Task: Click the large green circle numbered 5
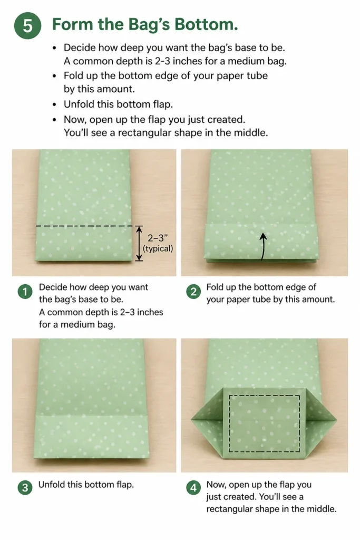coord(27,25)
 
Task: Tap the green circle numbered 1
coord(25,292)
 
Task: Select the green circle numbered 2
coord(193,292)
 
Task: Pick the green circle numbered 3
coord(25,488)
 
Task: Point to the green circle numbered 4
coord(193,488)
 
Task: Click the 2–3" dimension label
coord(157,238)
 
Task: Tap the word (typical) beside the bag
coord(158,249)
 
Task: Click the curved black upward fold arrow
coord(263,246)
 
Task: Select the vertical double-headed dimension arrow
coord(138,243)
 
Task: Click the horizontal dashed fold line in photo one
coord(84,226)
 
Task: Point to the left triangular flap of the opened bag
coord(208,420)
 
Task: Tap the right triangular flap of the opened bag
coord(321,420)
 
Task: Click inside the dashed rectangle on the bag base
coord(264,423)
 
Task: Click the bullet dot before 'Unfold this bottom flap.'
coord(54,104)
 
